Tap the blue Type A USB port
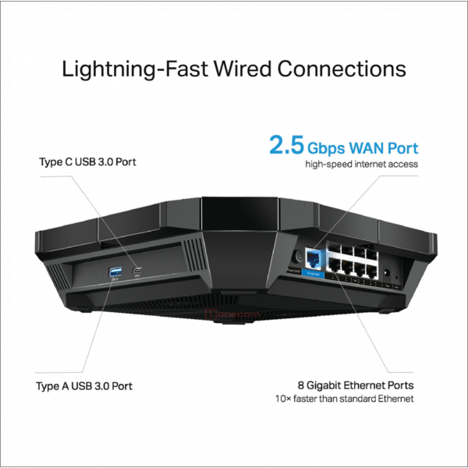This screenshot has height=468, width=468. pos(115,271)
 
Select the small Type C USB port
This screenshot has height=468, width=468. pos(138,271)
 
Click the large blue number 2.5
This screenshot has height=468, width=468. pos(285,146)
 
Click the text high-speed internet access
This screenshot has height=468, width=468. pos(362,165)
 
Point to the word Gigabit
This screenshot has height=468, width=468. pos(328,385)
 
